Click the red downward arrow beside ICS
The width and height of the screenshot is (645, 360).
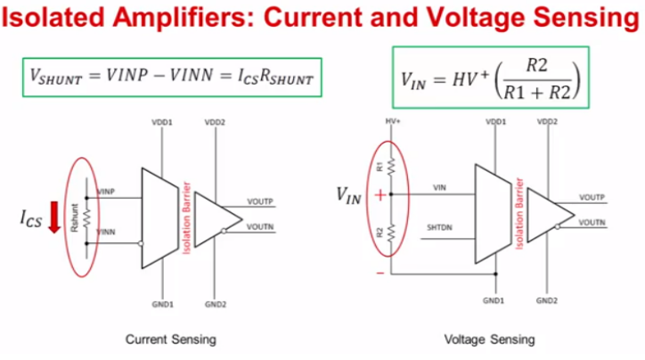pyautogui.click(x=53, y=217)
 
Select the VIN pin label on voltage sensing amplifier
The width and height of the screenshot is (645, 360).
pyautogui.click(x=440, y=187)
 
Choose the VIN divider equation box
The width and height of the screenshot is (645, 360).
pyautogui.click(x=490, y=77)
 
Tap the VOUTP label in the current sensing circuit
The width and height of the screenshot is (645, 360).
pyautogui.click(x=262, y=202)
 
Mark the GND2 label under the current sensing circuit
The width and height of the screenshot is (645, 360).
pyautogui.click(x=215, y=304)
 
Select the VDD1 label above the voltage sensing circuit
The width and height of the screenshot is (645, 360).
pyautogui.click(x=495, y=120)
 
